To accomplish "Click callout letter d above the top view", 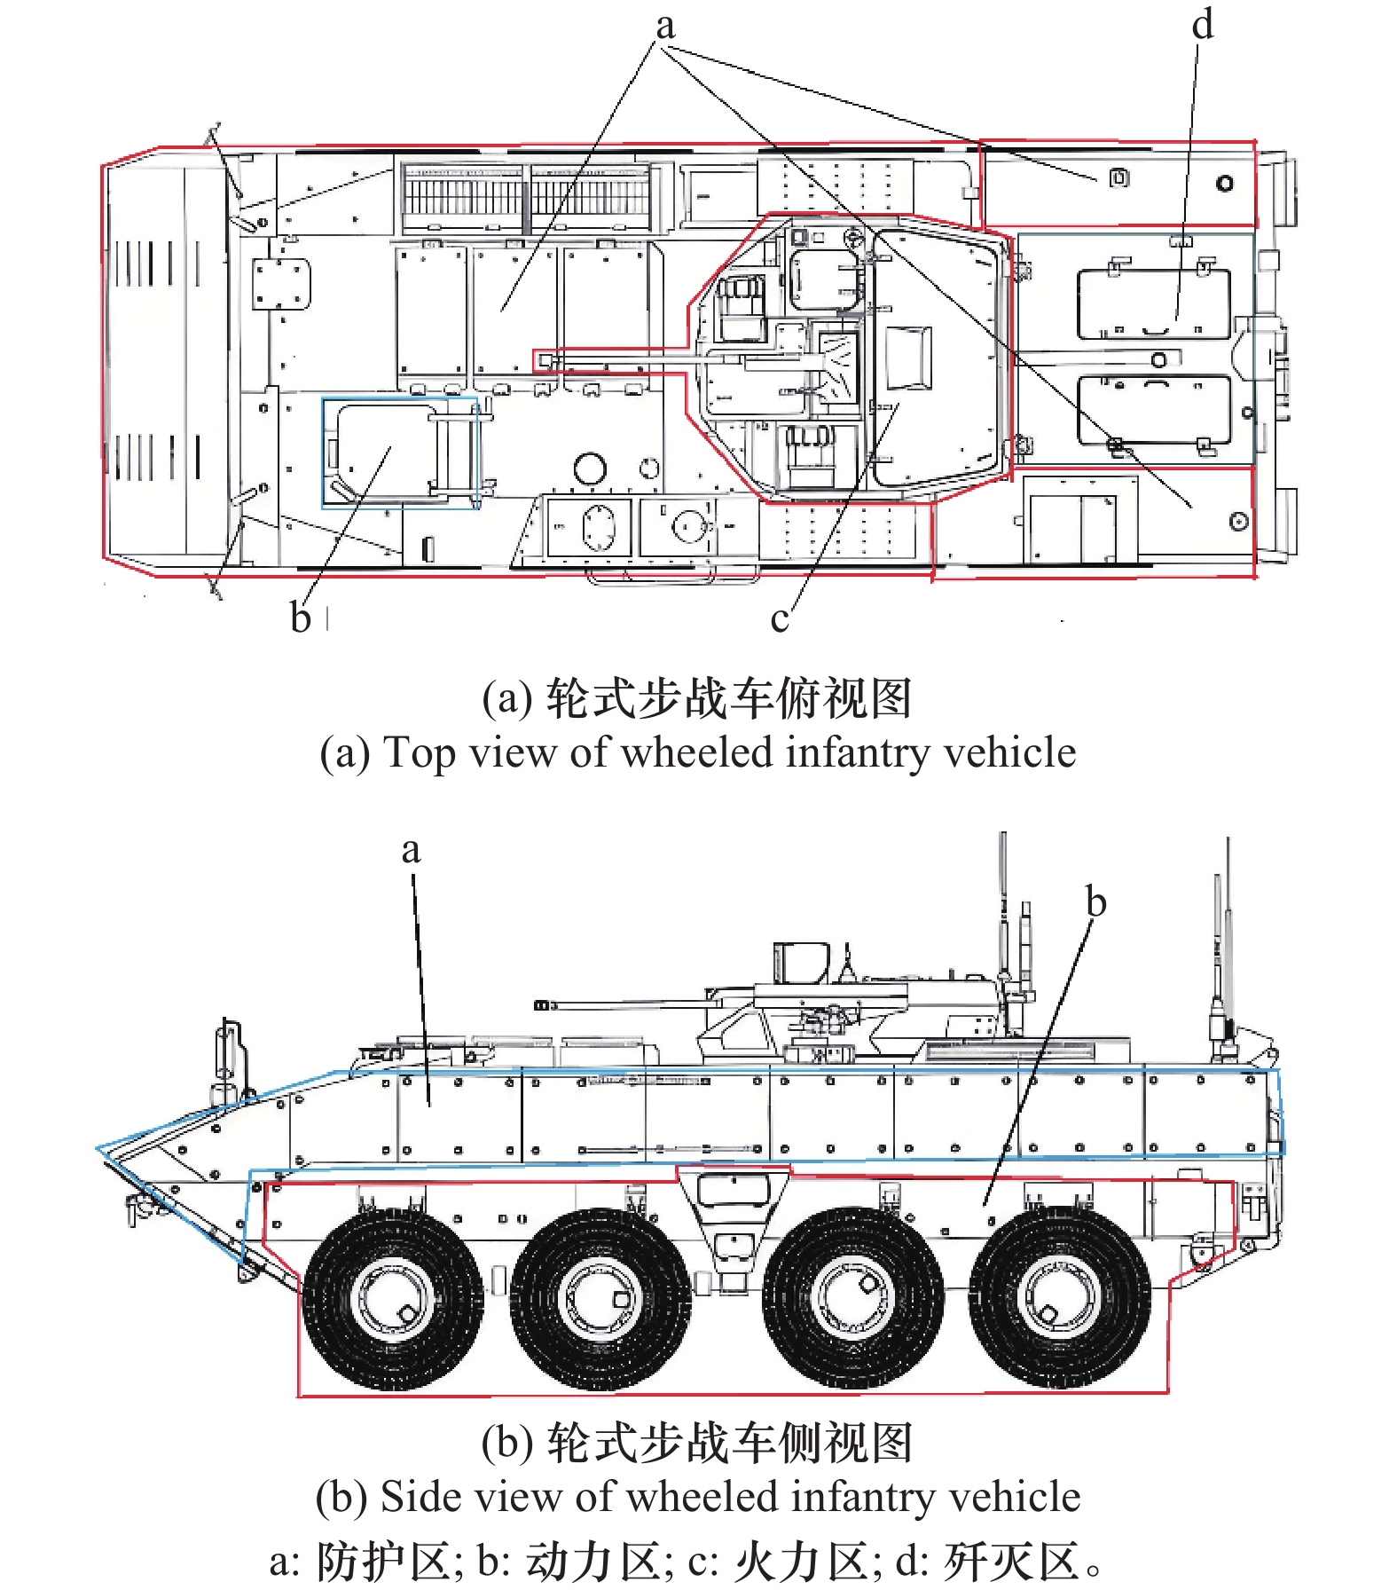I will tap(1202, 25).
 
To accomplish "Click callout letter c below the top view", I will tap(779, 619).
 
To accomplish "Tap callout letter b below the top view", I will tap(301, 617).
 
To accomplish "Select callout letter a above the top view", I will tap(665, 27).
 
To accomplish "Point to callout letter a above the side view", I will tap(410, 850).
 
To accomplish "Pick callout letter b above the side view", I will tap(1096, 902).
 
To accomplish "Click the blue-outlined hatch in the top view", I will tap(399, 453).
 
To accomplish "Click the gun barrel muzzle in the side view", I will tap(543, 1005).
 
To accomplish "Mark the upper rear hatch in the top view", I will tap(1153, 303).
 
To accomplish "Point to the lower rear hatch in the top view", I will tap(1153, 410).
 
